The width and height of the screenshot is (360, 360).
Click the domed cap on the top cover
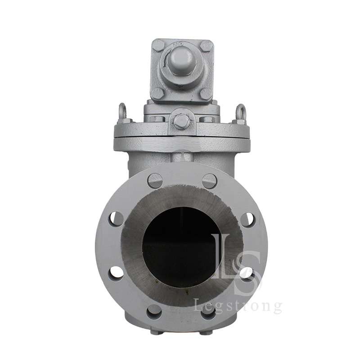(x=181, y=61)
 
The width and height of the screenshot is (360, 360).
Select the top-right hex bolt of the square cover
(x=206, y=46)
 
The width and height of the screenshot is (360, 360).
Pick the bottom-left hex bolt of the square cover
(x=158, y=94)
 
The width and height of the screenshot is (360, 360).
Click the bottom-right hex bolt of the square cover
(x=206, y=94)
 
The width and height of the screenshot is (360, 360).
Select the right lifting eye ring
(x=241, y=112)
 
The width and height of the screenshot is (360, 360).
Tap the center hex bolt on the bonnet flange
(x=182, y=121)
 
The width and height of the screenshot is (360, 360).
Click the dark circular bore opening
(x=182, y=247)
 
